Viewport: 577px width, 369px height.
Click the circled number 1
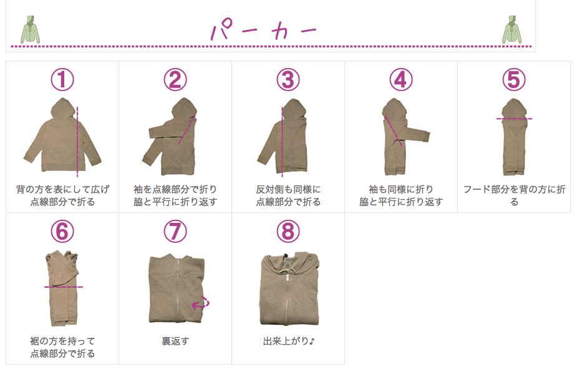(62, 79)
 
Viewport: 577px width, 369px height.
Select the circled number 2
(175, 79)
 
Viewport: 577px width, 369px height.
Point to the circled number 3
(288, 79)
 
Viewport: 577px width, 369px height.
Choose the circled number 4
(401, 79)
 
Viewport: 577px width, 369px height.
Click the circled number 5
(514, 79)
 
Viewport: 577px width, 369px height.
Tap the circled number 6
(62, 232)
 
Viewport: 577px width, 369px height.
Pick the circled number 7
(175, 232)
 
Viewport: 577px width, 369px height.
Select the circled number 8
(288, 232)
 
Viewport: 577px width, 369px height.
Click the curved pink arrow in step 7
(200, 303)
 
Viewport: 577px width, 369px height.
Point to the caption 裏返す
(175, 342)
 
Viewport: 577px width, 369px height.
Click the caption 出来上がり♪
(288, 342)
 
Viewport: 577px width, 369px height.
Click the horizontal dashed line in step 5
(514, 118)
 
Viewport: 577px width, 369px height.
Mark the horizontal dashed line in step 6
(63, 287)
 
